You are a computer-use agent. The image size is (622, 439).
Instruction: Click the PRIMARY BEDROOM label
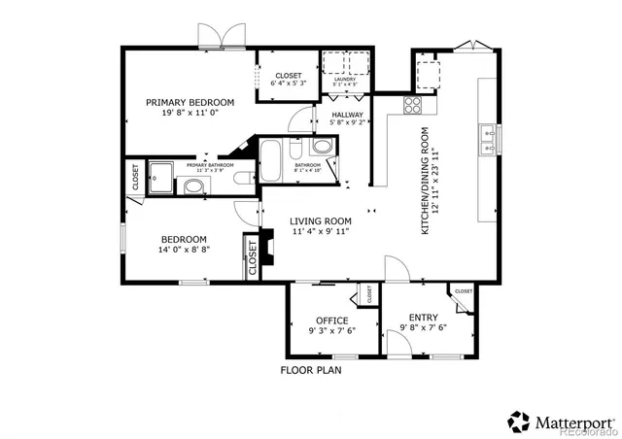point(190,102)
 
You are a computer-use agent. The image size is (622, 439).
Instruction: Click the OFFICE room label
point(331,321)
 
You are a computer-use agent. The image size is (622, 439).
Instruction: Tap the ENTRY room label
point(423,318)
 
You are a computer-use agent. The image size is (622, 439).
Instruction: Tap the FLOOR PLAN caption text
point(311,370)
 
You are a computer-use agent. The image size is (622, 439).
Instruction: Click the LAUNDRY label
point(346,80)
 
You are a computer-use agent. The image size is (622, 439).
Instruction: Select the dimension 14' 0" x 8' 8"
point(184,250)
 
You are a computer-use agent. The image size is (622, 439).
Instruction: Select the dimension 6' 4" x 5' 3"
point(289,84)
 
